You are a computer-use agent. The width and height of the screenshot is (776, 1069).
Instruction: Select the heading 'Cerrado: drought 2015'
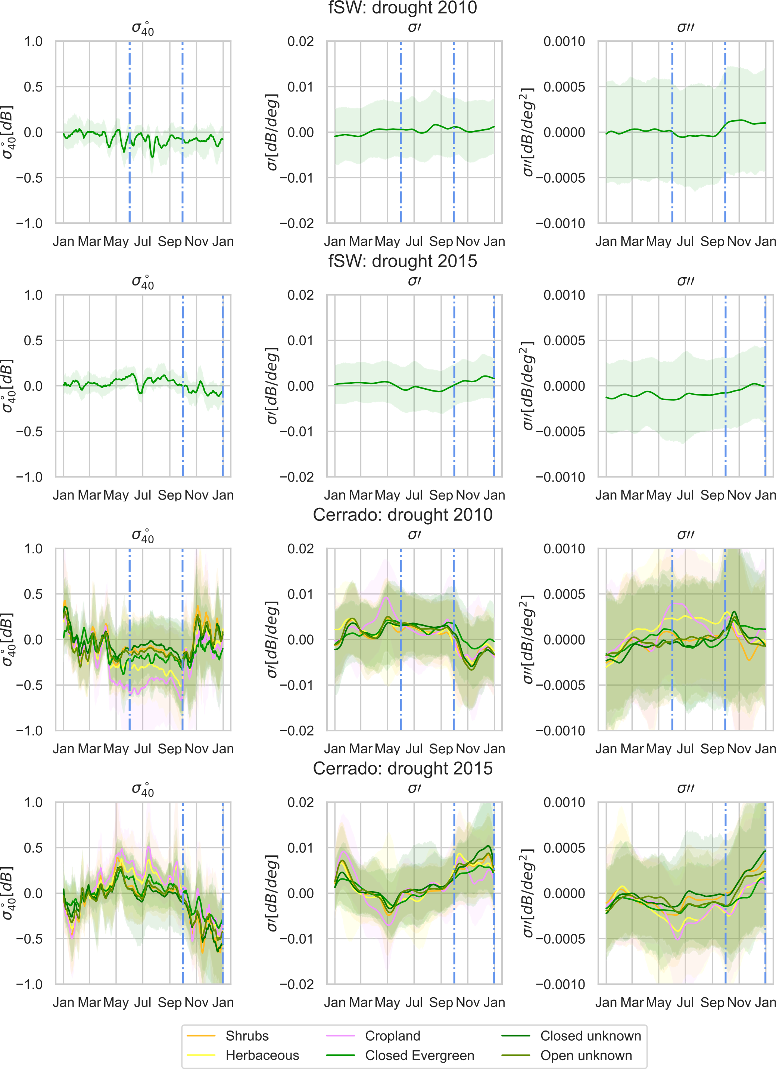click(x=403, y=768)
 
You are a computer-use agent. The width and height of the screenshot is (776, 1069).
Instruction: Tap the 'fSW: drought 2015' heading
click(x=403, y=261)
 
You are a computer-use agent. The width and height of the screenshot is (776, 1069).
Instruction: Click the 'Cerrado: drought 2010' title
click(x=403, y=515)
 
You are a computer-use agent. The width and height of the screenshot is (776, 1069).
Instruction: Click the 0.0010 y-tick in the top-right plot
click(x=564, y=41)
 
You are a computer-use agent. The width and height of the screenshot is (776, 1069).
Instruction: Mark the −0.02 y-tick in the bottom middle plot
click(x=297, y=984)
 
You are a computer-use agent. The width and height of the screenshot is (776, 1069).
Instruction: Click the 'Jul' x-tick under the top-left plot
click(x=143, y=242)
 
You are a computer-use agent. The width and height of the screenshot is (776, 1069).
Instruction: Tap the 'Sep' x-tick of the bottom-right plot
click(x=712, y=1002)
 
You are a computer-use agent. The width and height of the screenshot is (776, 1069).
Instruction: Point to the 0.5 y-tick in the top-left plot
click(x=33, y=87)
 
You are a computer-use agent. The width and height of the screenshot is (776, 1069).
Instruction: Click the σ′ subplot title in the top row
click(x=414, y=27)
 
